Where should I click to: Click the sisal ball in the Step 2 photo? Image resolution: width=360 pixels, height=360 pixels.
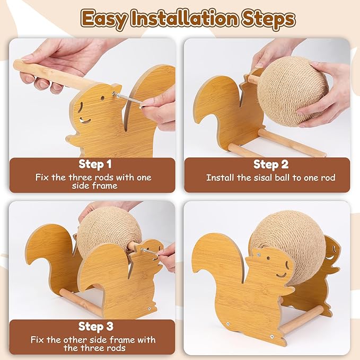(x=291, y=90)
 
